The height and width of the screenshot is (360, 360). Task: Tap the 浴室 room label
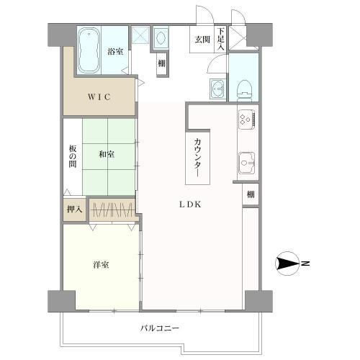coord(115,51)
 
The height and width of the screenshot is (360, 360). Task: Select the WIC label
coord(99,97)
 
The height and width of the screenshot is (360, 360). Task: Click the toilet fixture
coord(244,90)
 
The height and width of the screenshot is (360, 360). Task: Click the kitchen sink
coord(246,163)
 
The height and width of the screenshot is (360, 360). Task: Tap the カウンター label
coord(197,158)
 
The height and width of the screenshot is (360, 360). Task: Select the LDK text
coord(190,204)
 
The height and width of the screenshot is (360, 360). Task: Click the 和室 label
coord(107,154)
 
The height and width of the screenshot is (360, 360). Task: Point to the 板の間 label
coord(73,156)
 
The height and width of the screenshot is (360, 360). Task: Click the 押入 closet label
coord(75,210)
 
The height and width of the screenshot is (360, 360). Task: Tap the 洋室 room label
coord(101,265)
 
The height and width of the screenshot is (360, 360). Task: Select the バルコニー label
coord(160,328)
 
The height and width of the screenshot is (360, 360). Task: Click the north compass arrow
coord(287,264)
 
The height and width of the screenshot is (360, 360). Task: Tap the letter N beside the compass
coord(305,264)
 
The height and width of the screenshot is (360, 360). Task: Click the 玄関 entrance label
coord(202,40)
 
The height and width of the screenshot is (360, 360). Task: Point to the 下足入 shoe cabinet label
coord(221,39)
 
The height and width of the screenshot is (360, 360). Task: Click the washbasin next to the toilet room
coord(218,89)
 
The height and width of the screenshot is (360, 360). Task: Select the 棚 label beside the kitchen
coord(251,194)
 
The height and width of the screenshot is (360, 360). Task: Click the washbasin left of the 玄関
coord(160,37)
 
